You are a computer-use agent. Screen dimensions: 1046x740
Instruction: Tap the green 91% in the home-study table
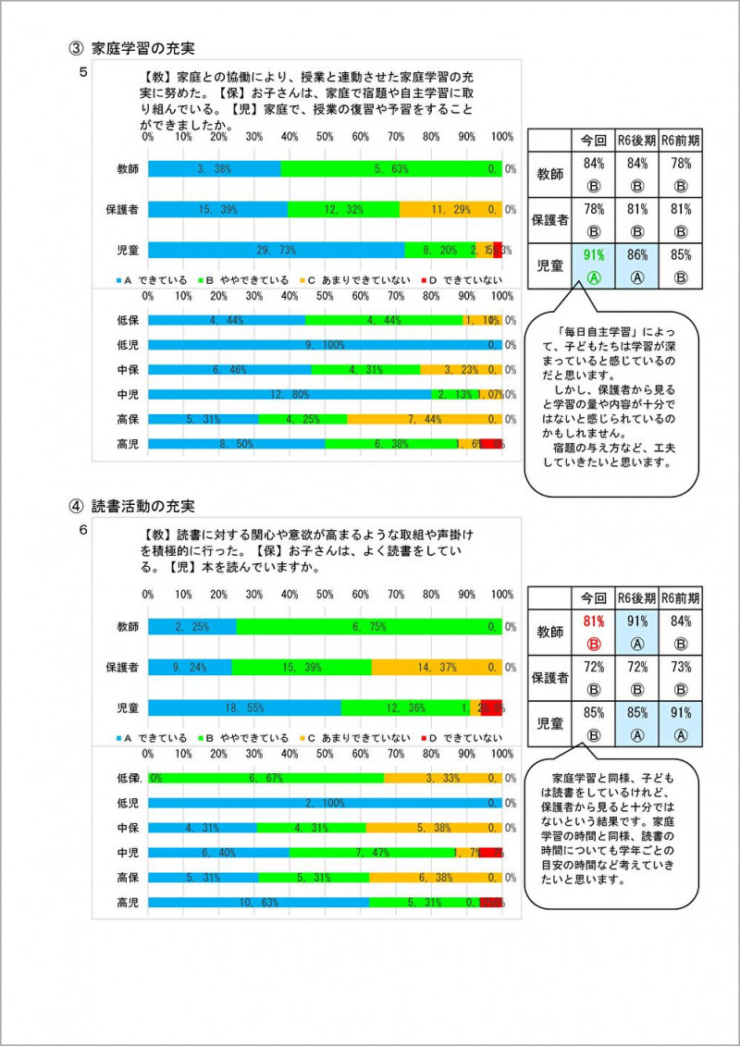pos(593,254)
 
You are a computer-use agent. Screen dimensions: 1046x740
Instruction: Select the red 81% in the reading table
pos(593,621)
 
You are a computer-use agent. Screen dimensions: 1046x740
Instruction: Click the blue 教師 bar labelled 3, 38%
pos(214,169)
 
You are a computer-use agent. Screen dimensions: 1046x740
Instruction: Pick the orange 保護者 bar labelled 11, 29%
pos(450,210)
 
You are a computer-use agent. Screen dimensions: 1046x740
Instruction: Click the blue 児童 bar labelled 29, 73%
pos(277,250)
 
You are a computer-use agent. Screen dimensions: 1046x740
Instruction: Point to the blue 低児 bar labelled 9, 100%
pos(324,345)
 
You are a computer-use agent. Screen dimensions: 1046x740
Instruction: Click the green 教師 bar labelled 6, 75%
pos(369,627)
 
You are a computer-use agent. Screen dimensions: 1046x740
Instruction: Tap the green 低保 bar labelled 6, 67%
pos(266,779)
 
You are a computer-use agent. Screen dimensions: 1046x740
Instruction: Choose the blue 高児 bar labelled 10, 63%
pos(259,902)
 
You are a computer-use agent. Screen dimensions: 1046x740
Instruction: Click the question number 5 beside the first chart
pos(83,71)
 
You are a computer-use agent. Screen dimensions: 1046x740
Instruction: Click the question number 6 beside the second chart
pos(83,530)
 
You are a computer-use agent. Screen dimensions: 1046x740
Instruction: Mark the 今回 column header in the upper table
pos(593,141)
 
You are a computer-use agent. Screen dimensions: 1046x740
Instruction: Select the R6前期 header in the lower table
pos(680,598)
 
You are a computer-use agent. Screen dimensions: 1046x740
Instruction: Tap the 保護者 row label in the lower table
pos(549,678)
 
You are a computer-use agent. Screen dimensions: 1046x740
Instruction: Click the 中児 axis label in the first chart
pos(128,395)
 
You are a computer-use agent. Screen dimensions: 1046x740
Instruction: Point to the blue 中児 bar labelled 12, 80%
pos(289,395)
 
